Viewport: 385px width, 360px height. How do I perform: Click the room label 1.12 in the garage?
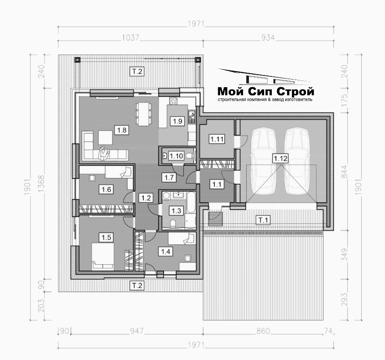[x=280, y=158]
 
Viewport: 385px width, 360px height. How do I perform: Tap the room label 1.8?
[x=122, y=130]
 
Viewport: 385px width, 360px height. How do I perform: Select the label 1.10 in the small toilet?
[x=176, y=156]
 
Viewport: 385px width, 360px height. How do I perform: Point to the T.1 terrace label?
[x=263, y=220]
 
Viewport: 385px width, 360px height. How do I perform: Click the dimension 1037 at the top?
[x=131, y=38]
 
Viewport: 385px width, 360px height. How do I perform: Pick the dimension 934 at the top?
[x=268, y=38]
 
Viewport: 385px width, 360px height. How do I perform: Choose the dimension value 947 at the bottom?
[x=137, y=331]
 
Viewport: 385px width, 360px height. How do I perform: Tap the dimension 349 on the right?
[x=345, y=255]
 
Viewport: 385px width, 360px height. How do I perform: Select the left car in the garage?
[x=263, y=161]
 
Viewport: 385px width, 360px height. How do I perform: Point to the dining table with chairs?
[x=144, y=114]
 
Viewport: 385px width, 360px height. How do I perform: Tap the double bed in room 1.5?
[x=103, y=256]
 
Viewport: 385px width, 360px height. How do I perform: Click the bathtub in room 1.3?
[x=191, y=203]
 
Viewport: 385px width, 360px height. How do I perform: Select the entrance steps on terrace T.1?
[x=215, y=218]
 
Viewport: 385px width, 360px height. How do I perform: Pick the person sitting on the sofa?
[x=103, y=153]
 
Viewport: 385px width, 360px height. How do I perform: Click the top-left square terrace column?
[x=77, y=60]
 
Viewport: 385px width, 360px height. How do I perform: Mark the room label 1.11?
[x=217, y=139]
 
